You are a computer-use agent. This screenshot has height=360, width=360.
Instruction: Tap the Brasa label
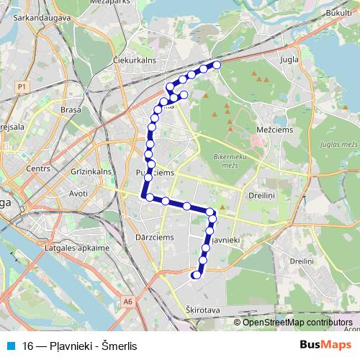[71, 111]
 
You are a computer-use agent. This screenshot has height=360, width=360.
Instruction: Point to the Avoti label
[77, 194]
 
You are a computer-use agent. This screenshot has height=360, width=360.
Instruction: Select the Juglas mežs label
[341, 145]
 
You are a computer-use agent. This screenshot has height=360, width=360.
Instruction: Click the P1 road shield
[22, 86]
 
